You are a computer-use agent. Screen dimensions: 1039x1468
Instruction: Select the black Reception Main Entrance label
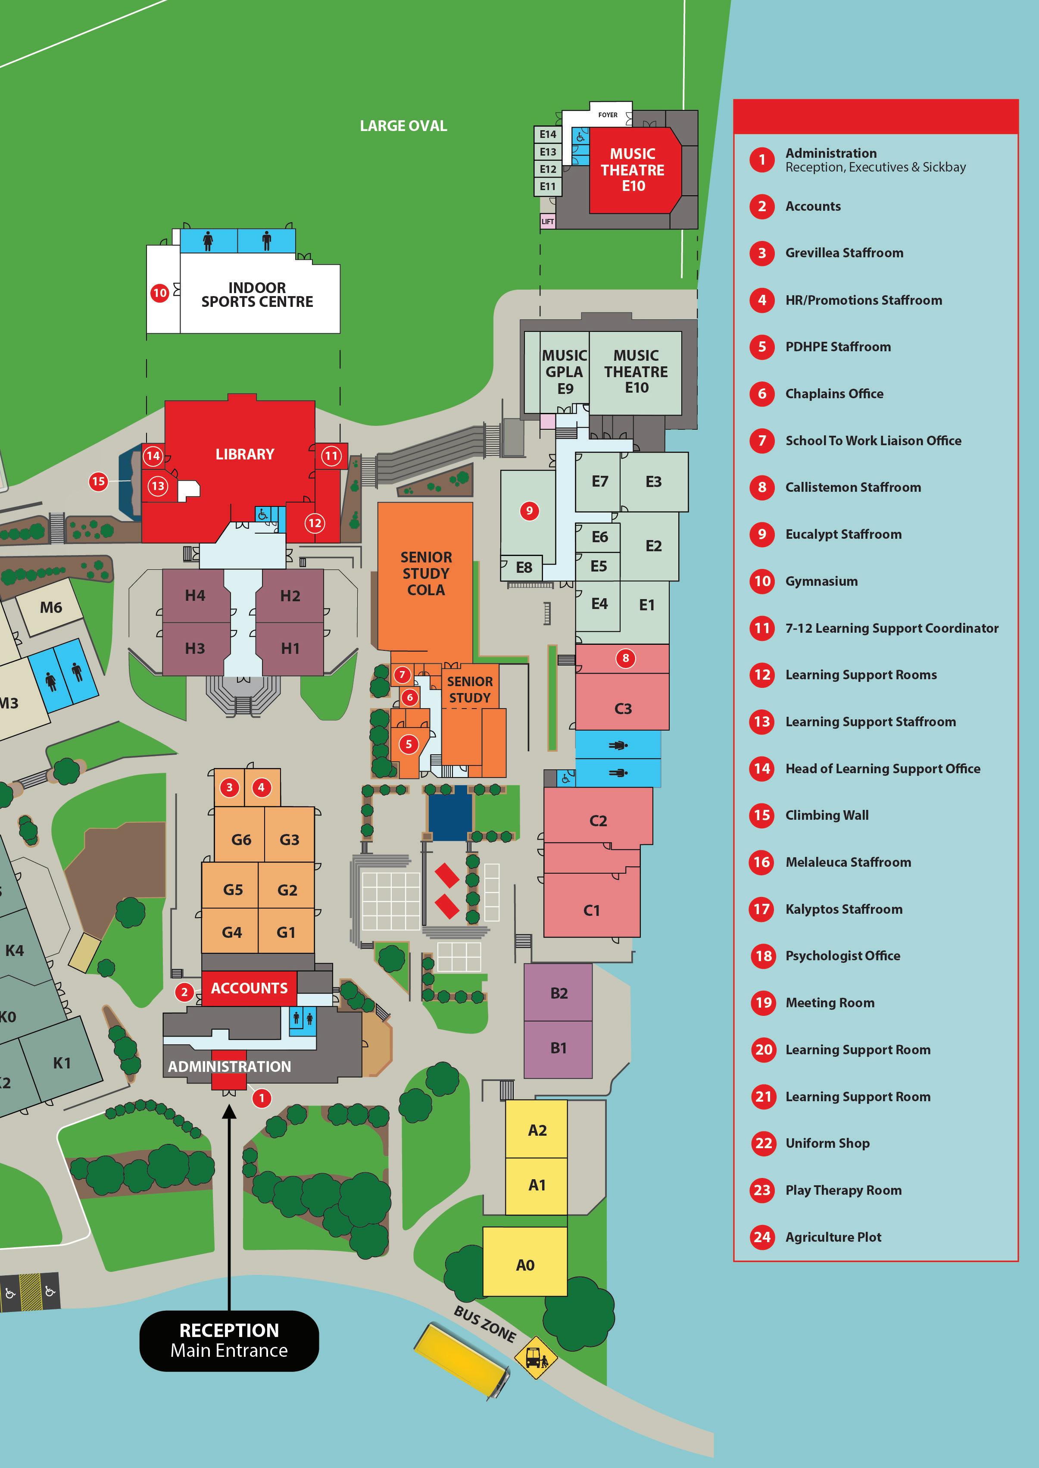click(x=229, y=1341)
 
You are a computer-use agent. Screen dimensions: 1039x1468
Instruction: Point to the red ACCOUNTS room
click(x=249, y=988)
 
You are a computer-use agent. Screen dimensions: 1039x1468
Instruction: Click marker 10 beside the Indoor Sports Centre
click(x=159, y=293)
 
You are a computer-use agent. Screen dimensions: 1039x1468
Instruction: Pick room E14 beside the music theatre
click(x=548, y=134)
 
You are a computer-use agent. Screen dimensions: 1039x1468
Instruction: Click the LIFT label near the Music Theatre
click(x=548, y=222)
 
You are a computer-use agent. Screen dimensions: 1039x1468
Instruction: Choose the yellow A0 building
click(x=524, y=1265)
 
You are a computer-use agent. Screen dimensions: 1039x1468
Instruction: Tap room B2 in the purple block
click(x=559, y=993)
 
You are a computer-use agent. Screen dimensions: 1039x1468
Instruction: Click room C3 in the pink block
click(x=623, y=709)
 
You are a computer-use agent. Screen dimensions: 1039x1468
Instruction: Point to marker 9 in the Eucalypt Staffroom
click(x=529, y=511)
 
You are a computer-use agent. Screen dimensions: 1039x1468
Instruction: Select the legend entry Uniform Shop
click(x=827, y=1143)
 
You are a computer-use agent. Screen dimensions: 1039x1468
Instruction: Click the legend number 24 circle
click(x=762, y=1237)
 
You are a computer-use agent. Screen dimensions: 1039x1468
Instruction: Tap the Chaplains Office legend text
click(x=834, y=394)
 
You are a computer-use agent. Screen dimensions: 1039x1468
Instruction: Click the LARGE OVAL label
click(x=403, y=126)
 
